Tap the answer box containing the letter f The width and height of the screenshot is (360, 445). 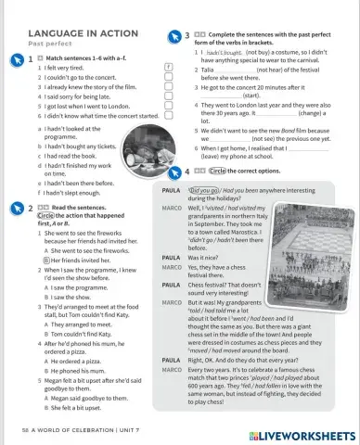[x=167, y=68]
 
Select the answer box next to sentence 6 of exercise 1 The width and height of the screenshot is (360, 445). [x=167, y=116]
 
